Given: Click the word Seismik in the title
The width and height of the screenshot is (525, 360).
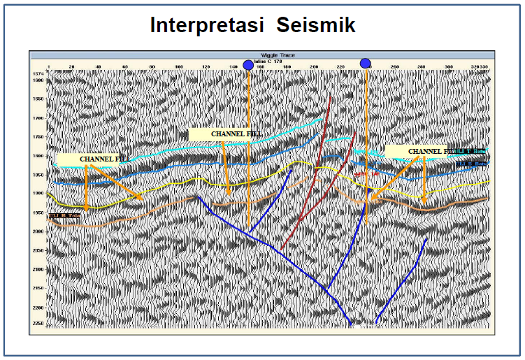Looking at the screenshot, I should [315, 26].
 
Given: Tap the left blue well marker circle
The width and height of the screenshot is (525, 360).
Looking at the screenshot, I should [248, 65].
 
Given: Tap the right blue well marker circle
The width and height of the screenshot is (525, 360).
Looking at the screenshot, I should [365, 63].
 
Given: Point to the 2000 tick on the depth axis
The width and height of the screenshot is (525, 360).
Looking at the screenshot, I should [38, 231].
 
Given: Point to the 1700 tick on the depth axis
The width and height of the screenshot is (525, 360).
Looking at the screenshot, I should [38, 118].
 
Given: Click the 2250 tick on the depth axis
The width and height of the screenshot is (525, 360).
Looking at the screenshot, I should [38, 324].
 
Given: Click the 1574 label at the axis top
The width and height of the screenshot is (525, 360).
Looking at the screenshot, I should [38, 73].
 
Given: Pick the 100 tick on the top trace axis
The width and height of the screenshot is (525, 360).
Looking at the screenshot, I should [179, 67].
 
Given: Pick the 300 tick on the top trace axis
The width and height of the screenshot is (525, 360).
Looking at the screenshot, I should [448, 67].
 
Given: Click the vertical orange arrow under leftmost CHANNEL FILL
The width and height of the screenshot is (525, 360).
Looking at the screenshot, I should [86, 189].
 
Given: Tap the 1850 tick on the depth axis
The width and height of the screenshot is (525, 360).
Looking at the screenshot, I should [38, 175].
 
